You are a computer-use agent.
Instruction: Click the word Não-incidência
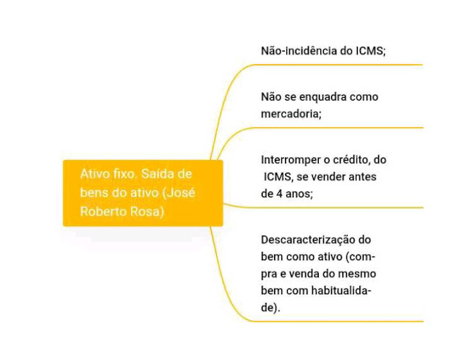[299, 51]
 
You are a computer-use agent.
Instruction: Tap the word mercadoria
[291, 113]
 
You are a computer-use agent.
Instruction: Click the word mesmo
[359, 274]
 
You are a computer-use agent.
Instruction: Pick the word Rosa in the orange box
[148, 212]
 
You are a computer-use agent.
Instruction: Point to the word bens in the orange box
[94, 193]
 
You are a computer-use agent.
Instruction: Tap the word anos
[297, 194]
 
